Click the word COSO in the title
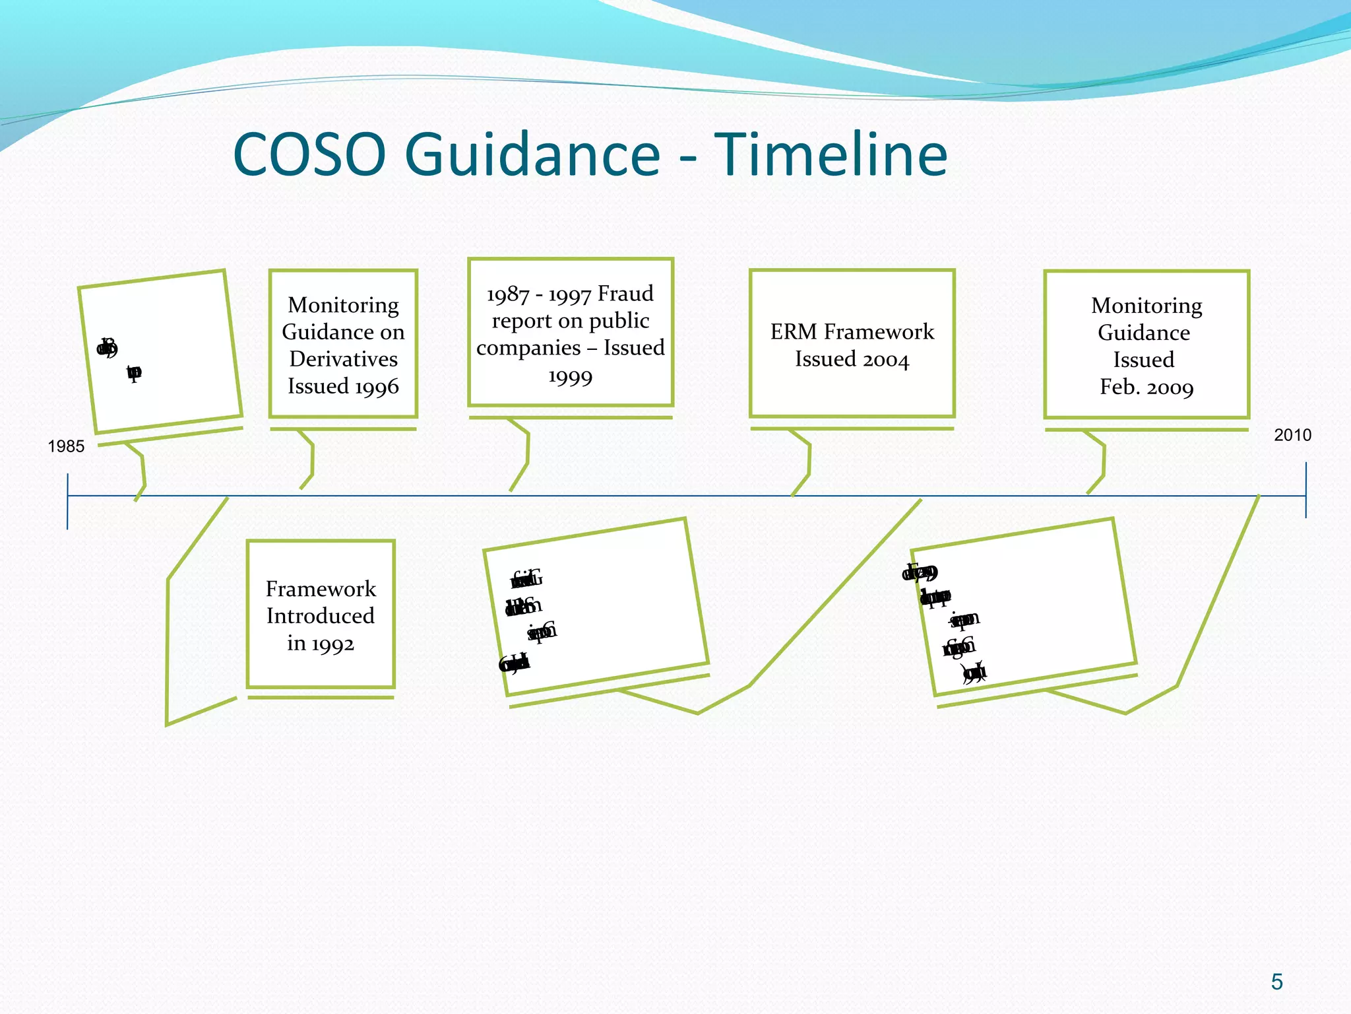(x=309, y=154)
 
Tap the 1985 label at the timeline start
(x=66, y=446)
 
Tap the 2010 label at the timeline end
(x=1292, y=435)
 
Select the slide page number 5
(x=1276, y=982)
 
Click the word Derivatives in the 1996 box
(x=343, y=358)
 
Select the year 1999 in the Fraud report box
(x=570, y=377)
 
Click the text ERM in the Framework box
(x=794, y=331)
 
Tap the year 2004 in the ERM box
(x=884, y=360)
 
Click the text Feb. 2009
(x=1146, y=387)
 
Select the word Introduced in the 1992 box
(x=321, y=615)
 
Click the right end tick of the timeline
(x=1305, y=490)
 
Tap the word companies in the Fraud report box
(x=528, y=347)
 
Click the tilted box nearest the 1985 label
(x=160, y=351)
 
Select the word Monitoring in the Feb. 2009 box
(x=1146, y=306)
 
